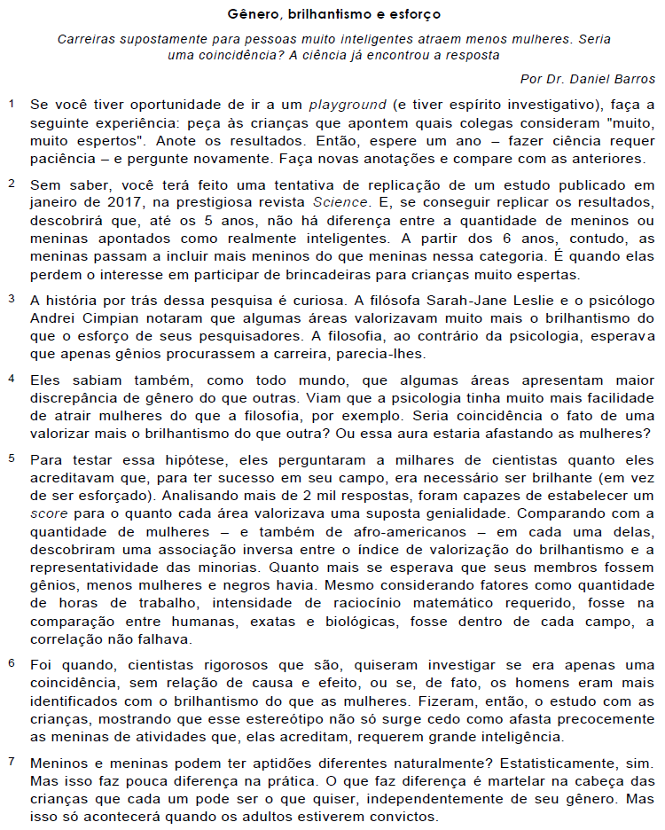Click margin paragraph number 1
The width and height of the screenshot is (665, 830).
pyautogui.click(x=12, y=105)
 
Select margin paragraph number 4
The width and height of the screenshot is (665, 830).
pyautogui.click(x=12, y=378)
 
